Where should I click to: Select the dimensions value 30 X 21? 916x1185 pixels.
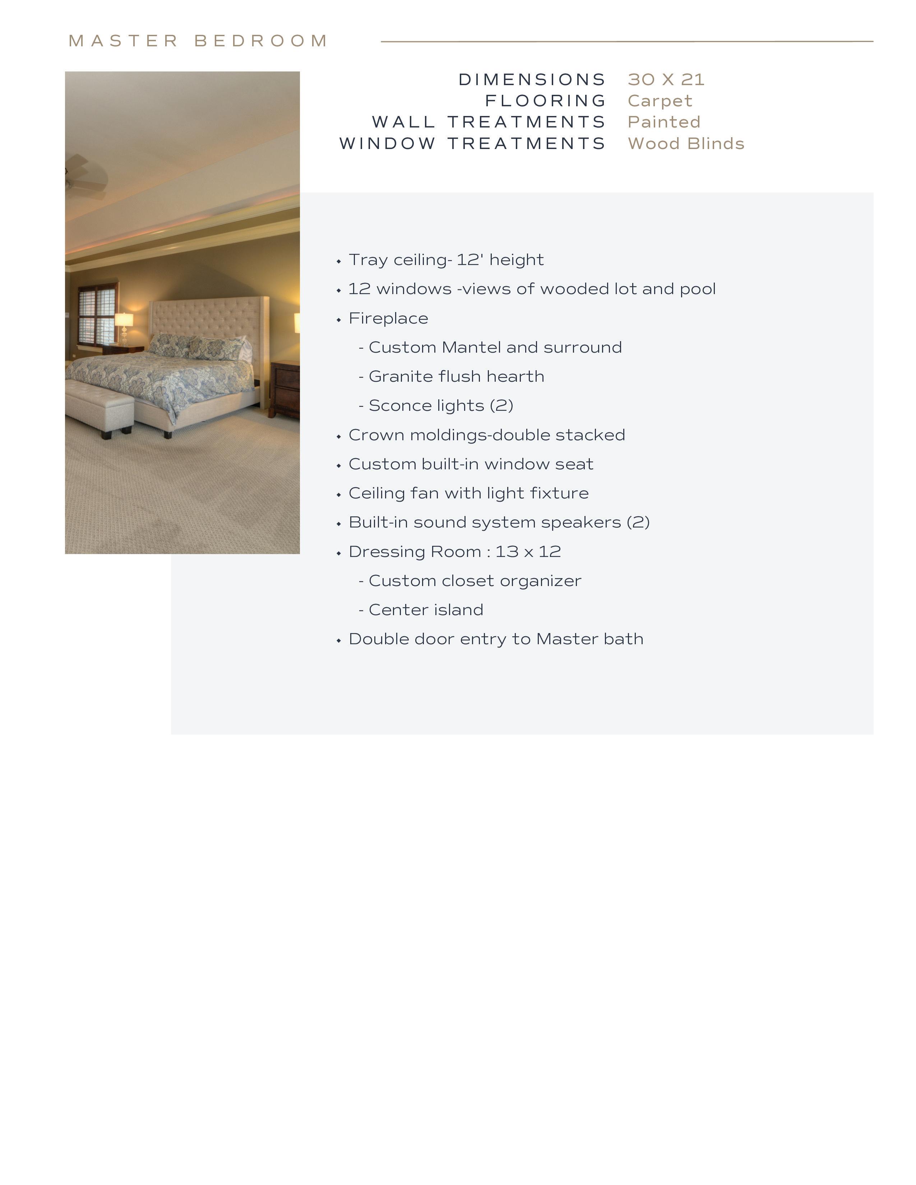pos(666,79)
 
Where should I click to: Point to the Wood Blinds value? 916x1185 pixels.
pos(686,143)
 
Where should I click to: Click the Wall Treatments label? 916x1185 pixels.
pos(489,122)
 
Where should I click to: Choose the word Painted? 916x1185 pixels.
pos(664,122)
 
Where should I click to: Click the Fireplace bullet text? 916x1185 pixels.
pos(388,319)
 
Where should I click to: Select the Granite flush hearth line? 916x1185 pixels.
pos(456,377)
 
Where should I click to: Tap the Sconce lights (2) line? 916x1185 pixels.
pos(441,406)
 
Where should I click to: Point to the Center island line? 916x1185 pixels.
pos(425,610)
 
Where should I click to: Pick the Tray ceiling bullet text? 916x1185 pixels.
pos(445,260)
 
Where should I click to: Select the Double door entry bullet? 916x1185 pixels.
pos(495,639)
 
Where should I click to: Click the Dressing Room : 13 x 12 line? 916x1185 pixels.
pos(454,552)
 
